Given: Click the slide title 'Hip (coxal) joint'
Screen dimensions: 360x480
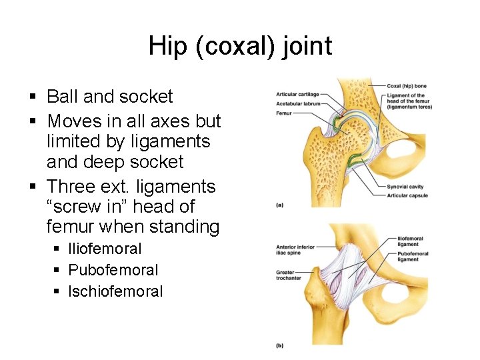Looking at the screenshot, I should pos(240,47).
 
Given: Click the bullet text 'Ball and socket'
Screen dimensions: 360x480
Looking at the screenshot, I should pos(109,97).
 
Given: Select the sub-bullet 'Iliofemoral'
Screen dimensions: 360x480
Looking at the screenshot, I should pos(105,249).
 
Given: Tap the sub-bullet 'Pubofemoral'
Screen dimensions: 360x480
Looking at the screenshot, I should pos(113,270).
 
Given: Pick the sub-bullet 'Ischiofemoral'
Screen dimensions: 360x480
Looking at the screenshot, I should pos(115,291).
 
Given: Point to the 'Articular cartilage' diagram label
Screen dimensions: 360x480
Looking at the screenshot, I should pos(297,95).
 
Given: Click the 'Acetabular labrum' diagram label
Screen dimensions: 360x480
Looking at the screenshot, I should pos(298,103).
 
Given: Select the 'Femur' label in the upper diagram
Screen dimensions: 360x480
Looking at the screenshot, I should pos(284,113).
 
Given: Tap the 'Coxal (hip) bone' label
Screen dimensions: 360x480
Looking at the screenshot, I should pos(406,85).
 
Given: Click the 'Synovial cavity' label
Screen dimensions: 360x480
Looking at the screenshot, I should pos(406,187).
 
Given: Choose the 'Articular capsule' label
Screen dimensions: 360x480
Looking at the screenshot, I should pos(407,195).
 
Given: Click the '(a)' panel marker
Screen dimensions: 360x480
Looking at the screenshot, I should pos(280,205).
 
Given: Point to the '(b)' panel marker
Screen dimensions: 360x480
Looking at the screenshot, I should pos(280,345).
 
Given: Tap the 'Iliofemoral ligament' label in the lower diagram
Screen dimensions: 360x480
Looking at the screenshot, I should pos(409,241).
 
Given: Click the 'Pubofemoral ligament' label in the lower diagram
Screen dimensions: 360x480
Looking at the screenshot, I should pos(409,257).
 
